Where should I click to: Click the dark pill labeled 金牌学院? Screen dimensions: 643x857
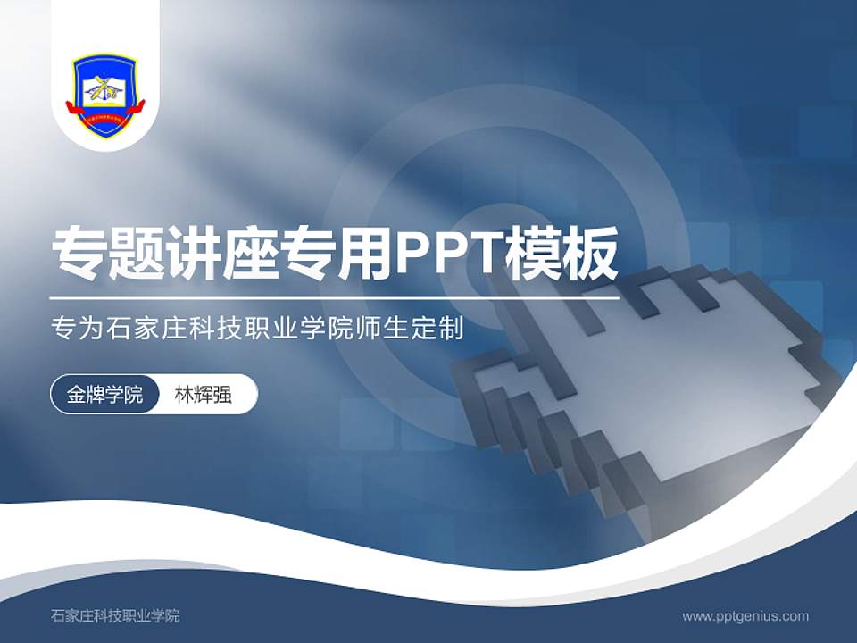tap(105, 395)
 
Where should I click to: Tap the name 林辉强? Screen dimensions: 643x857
tap(204, 395)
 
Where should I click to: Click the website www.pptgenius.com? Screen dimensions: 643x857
tap(745, 616)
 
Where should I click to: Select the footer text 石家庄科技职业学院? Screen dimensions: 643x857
tap(115, 616)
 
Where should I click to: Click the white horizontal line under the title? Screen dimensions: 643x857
tap(335, 298)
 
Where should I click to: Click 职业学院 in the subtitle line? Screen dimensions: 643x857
tap(295, 330)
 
